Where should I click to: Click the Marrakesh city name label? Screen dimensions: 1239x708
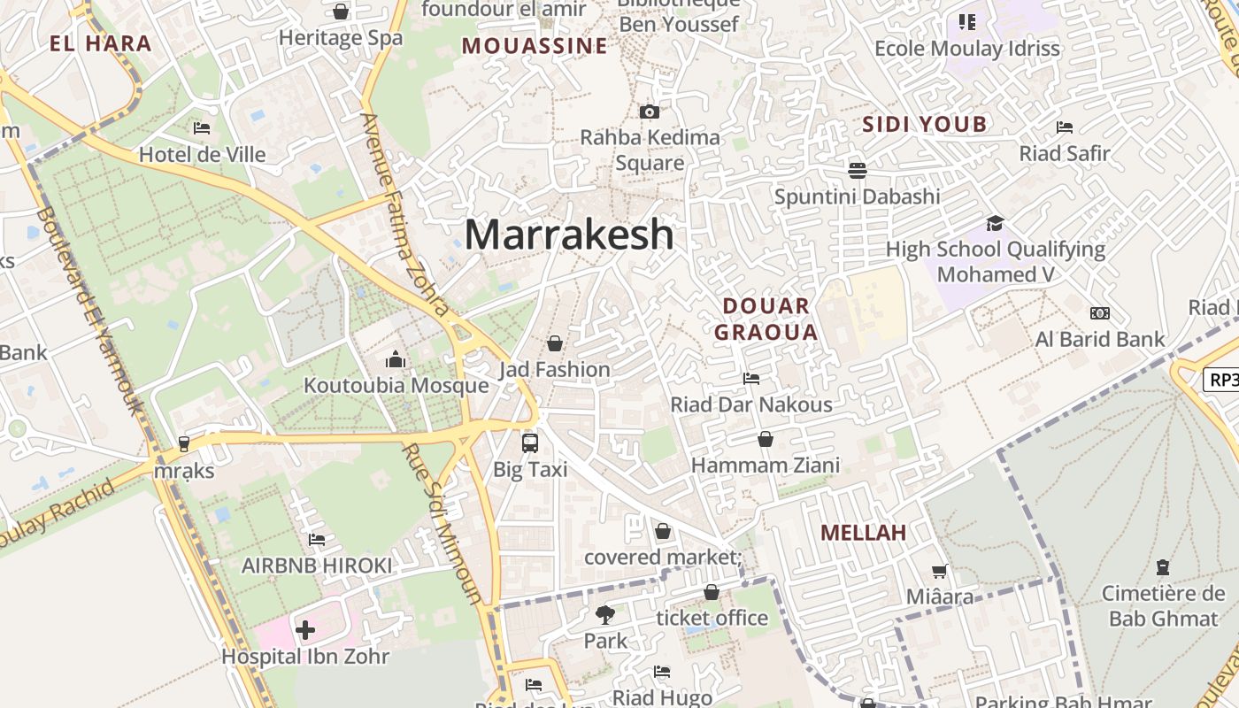click(569, 235)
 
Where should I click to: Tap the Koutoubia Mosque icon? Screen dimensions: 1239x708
click(396, 359)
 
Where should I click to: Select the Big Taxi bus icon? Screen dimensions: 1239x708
click(530, 442)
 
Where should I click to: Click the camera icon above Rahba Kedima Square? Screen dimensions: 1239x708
click(650, 112)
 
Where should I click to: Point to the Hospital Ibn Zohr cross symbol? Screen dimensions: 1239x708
click(305, 630)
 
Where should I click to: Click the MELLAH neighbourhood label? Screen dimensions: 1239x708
click(863, 533)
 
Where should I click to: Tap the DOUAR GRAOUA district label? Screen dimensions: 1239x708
click(766, 319)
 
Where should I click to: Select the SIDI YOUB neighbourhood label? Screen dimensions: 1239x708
click(924, 125)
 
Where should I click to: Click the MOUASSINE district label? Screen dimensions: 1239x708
click(535, 46)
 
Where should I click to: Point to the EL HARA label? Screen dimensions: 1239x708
click(101, 43)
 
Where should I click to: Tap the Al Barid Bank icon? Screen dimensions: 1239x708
click(1100, 313)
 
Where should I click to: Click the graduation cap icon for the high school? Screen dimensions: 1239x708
click(996, 223)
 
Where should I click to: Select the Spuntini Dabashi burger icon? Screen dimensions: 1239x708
click(857, 170)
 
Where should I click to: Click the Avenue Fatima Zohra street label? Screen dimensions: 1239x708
click(405, 214)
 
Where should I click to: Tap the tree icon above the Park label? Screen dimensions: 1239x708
click(605, 614)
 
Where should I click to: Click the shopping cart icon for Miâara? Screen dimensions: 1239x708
click(939, 572)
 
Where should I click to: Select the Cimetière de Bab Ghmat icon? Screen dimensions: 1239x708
click(1163, 566)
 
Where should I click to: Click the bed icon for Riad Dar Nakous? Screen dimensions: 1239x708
click(751, 379)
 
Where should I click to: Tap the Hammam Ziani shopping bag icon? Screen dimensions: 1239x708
click(766, 439)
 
